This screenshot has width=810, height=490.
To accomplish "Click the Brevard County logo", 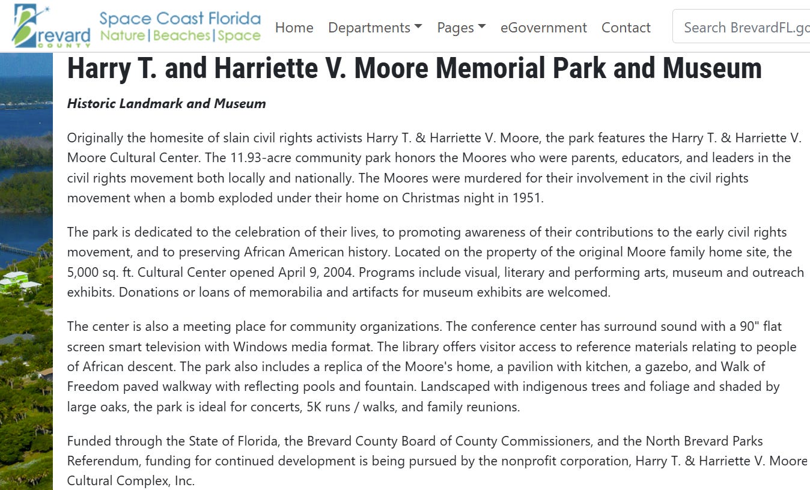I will click(x=51, y=26).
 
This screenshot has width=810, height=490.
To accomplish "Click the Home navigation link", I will click(x=294, y=28).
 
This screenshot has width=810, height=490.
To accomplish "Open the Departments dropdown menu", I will click(x=375, y=28).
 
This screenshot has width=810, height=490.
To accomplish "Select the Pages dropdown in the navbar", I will click(x=461, y=28).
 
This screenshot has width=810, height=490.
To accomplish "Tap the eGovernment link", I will click(x=543, y=28).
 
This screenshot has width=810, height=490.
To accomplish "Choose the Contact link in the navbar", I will click(x=626, y=28).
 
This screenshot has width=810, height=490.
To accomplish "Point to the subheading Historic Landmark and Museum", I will click(x=166, y=103).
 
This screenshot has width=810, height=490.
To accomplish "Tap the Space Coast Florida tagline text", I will click(x=180, y=19).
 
